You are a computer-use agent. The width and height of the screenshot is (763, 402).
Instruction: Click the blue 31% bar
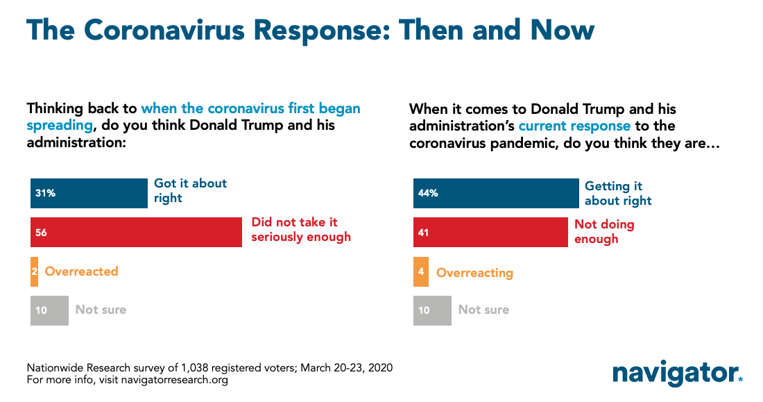(89, 193)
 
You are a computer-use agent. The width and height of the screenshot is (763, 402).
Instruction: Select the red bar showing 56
(136, 232)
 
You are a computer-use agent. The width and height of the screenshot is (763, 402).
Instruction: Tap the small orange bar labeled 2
(34, 271)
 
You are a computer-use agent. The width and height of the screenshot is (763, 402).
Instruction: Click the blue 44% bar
(496, 193)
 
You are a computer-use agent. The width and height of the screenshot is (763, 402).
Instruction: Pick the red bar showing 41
(490, 232)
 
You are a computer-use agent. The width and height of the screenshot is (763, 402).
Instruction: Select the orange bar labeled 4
(421, 271)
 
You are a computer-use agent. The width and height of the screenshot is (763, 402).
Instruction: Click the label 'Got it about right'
(190, 190)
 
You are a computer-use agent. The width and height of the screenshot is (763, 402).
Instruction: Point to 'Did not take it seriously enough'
(301, 230)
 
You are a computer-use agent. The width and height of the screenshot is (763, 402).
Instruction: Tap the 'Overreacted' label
(81, 271)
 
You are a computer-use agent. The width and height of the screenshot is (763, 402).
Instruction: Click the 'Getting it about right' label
(618, 194)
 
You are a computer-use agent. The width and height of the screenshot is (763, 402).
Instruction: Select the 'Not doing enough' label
(604, 231)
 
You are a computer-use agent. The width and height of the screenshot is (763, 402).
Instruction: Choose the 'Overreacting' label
(474, 273)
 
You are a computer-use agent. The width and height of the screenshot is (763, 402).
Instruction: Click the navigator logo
(678, 374)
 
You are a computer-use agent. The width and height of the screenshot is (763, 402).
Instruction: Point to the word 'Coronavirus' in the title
(164, 31)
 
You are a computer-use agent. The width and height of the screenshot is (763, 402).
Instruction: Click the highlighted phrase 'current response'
(574, 126)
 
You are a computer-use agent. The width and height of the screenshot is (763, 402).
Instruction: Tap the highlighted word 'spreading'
(60, 126)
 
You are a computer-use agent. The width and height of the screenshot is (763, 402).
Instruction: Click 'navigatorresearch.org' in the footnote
(174, 380)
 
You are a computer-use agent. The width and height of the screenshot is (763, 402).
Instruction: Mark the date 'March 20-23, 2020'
(346, 367)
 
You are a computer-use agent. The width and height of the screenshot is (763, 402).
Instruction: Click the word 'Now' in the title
(563, 31)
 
